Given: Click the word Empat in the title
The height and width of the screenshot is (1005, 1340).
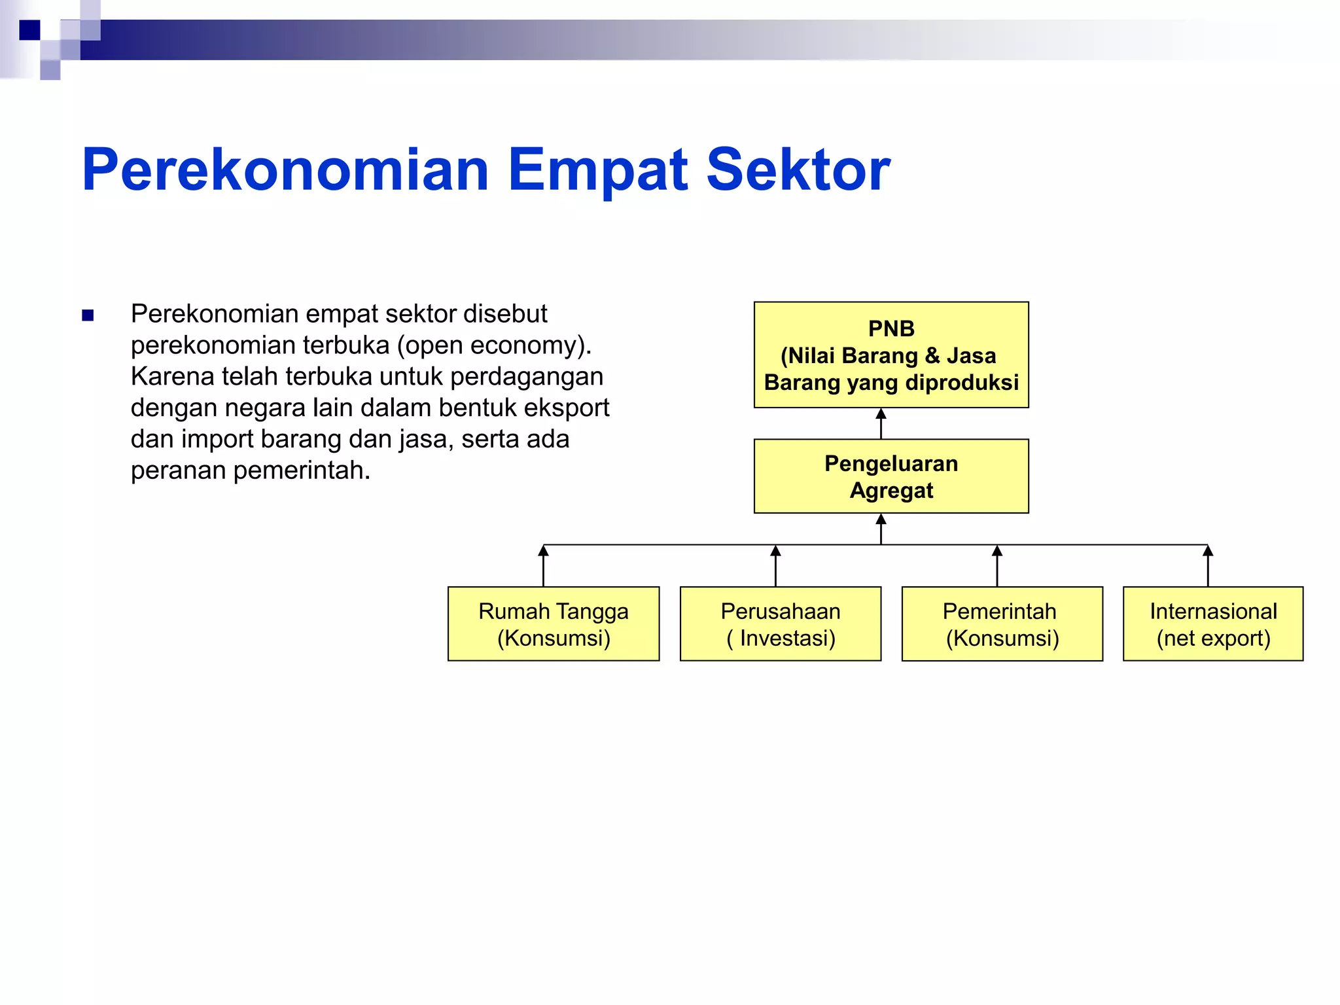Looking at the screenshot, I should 597,169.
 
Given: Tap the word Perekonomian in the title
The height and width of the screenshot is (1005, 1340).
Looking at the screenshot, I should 285,169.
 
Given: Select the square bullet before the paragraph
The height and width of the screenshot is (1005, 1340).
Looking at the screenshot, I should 88,315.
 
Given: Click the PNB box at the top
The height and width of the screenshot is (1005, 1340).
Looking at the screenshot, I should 891,355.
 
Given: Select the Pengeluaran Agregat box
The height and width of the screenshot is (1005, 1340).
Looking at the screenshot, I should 891,476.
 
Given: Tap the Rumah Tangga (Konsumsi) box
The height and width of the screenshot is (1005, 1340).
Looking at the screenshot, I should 554,624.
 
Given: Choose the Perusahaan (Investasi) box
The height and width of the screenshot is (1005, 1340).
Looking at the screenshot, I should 781,624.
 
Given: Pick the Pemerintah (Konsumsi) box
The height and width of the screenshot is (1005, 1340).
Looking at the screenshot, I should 1002,624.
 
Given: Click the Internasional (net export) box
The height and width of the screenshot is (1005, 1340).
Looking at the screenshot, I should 1213,624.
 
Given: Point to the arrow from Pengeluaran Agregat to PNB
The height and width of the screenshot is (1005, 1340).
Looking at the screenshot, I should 881,423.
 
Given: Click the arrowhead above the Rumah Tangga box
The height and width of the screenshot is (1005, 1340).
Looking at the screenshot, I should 543,551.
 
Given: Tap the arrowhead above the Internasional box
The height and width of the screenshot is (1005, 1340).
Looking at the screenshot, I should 1208,551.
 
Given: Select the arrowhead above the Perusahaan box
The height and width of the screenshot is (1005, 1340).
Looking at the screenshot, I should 775,551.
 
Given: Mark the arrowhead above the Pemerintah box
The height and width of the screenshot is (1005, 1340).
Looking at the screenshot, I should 997,551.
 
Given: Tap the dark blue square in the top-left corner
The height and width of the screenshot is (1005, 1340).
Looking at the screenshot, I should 29,30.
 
